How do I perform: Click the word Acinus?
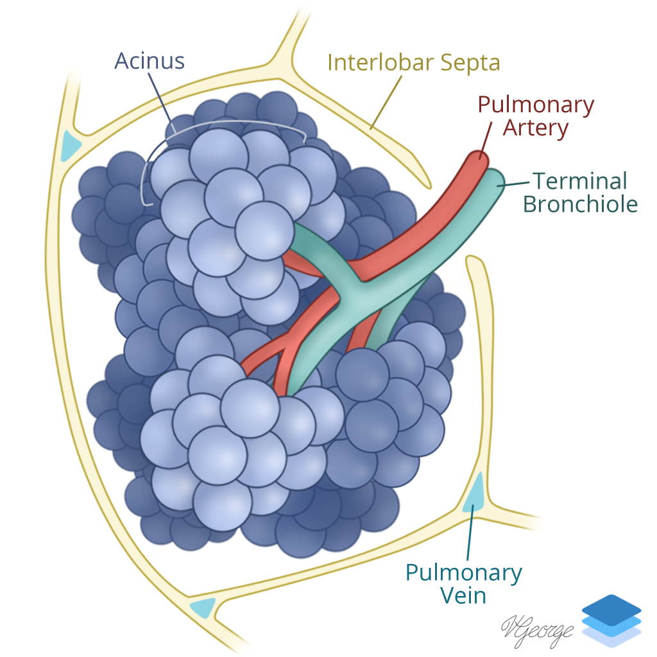tap(149, 61)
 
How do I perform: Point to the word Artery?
tap(536, 128)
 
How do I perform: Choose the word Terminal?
tap(579, 181)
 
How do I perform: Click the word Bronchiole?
tap(580, 204)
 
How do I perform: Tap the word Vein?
tap(463, 595)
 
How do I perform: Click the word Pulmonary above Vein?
tap(464, 572)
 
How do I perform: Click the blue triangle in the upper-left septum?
tap(70, 146)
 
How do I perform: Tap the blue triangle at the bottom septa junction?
tap(203, 607)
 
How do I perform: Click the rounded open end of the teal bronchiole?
tap(496, 181)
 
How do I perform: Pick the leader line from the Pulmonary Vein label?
tap(469, 533)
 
